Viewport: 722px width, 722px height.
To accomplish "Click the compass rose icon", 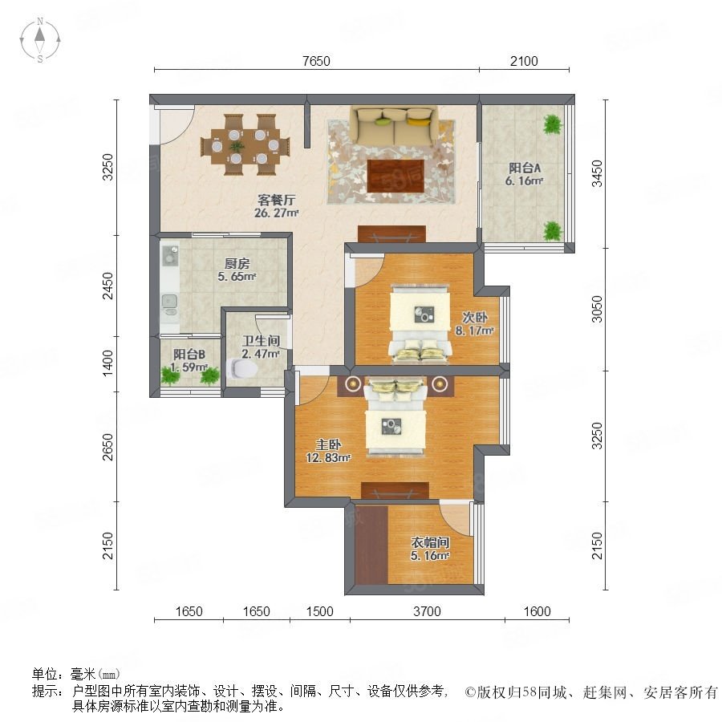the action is pos(40,40).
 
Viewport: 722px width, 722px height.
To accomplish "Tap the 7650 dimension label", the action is pos(316,61).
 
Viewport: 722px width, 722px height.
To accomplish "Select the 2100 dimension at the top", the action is pos(524,61).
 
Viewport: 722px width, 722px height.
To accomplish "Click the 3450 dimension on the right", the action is pos(597,173).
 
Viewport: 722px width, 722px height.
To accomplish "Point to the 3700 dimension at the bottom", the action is pos(428,611).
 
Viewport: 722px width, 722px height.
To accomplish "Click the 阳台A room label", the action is pos(525,168).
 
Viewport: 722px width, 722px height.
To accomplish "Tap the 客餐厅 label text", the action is pos(276,200).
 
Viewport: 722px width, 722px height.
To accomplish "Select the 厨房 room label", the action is pos(237,263).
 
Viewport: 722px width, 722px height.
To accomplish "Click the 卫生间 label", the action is pos(261,341).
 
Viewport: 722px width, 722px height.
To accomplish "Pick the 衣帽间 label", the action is pos(430,542).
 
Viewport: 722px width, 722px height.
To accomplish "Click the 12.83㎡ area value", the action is pos(328,458).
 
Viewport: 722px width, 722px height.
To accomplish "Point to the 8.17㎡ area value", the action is pos(475,331).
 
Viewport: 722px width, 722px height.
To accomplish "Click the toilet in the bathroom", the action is pos(242,369).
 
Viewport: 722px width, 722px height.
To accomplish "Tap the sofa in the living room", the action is pos(394,126).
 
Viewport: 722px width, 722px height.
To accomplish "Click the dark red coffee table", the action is pos(396,176).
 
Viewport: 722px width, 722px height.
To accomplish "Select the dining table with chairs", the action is pos(245,145).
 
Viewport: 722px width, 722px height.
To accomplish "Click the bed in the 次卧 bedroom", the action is pos(420,324).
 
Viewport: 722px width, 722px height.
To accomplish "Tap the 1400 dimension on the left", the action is pos(107,363).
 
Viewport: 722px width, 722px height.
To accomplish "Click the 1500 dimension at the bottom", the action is pos(320,611).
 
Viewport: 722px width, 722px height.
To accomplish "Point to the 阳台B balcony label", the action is pos(189,354).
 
